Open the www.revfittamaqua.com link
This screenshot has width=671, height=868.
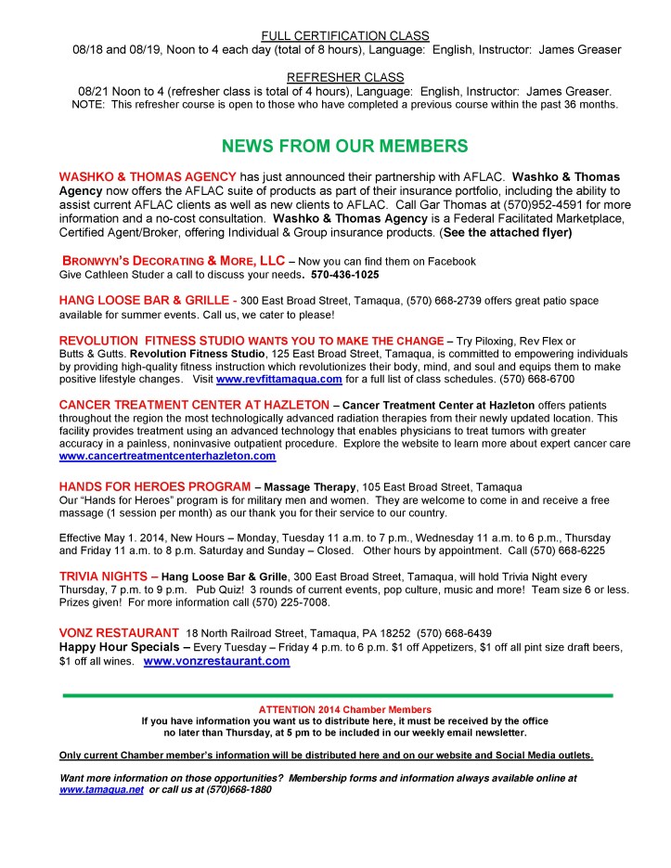(279, 380)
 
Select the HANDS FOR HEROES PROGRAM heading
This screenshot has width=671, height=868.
(154, 486)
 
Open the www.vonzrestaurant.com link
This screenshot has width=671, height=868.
(216, 661)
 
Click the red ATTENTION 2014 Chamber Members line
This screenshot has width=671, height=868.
(338, 710)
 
